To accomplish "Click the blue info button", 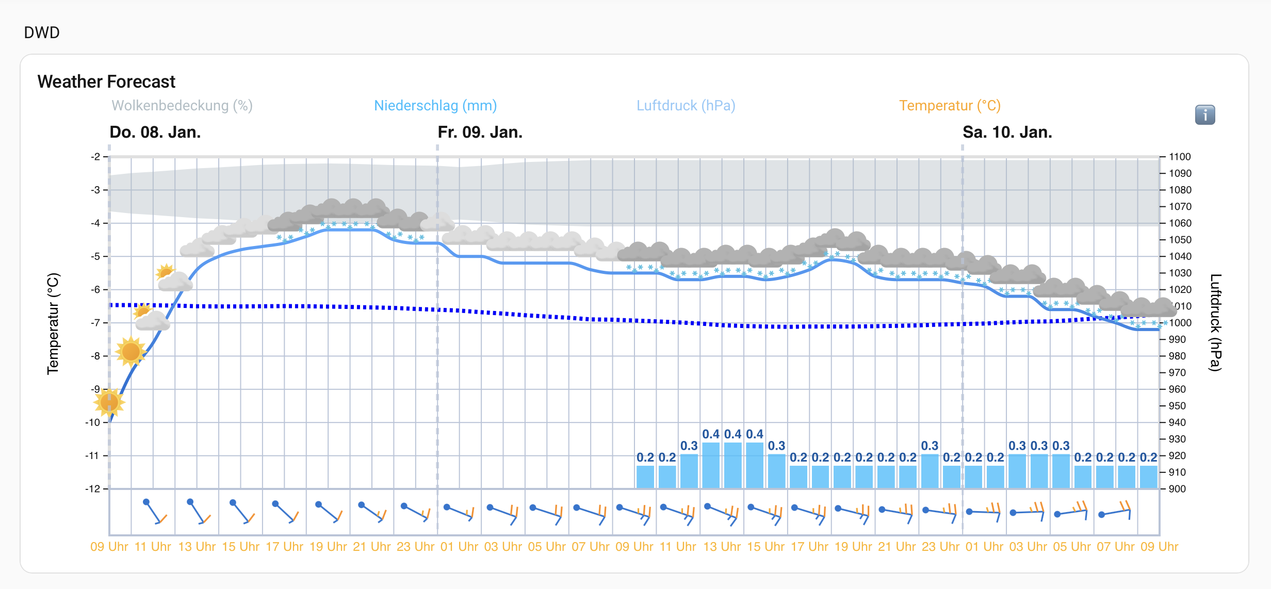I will pyautogui.click(x=1204, y=114).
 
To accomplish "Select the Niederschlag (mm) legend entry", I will pyautogui.click(x=435, y=106).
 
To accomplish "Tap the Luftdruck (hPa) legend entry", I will pyautogui.click(x=686, y=106).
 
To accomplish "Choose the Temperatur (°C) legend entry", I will pyautogui.click(x=950, y=106).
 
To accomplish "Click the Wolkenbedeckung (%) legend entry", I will pyautogui.click(x=182, y=106).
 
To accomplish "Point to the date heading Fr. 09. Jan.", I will pyautogui.click(x=480, y=133).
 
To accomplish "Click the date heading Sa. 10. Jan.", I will pyautogui.click(x=1007, y=133).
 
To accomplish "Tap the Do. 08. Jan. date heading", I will pyautogui.click(x=155, y=133).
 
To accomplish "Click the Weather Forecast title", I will pyautogui.click(x=106, y=81).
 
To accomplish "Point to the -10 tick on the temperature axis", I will pyautogui.click(x=93, y=422).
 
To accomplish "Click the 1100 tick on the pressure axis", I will pyautogui.click(x=1180, y=157).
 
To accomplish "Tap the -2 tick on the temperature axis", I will pyautogui.click(x=96, y=157).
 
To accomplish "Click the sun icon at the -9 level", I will pyautogui.click(x=109, y=402).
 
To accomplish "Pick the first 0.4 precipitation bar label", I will pyautogui.click(x=711, y=434).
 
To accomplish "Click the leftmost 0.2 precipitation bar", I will pyautogui.click(x=645, y=477).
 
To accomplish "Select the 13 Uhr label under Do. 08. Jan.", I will pyautogui.click(x=197, y=547).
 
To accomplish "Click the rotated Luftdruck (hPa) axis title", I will pyautogui.click(x=1216, y=322).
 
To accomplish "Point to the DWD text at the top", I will pyautogui.click(x=42, y=32).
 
